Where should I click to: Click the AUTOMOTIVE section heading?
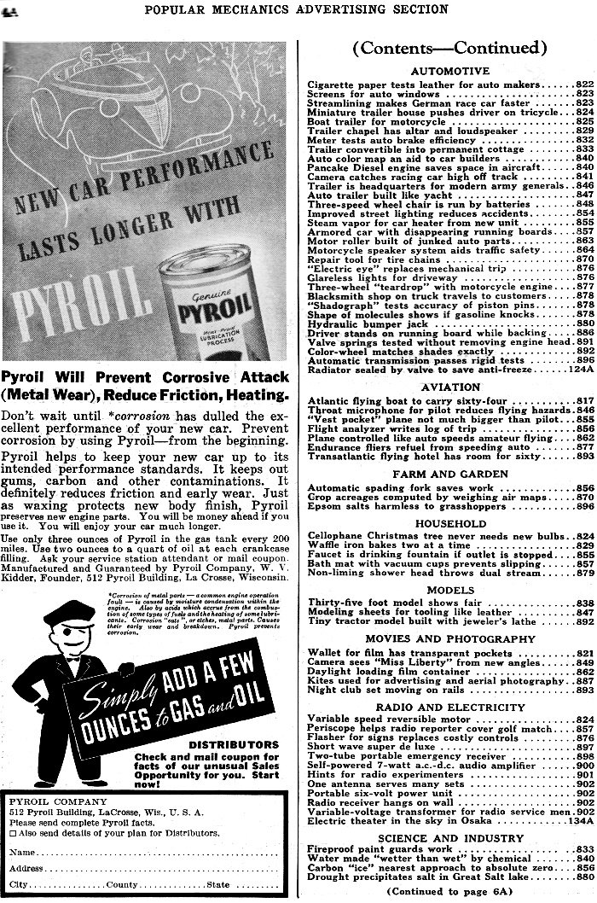(449, 71)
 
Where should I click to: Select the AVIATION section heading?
(449, 387)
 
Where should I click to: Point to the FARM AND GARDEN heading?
(449, 474)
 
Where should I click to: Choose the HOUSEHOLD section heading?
(449, 523)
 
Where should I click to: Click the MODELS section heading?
(449, 590)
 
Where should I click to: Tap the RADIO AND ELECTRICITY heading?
(449, 708)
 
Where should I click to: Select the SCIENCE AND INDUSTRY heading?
(449, 838)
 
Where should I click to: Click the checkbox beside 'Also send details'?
(14, 832)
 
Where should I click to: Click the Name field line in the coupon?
(154, 853)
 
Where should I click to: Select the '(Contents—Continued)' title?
(449, 48)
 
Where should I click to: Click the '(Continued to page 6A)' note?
(449, 890)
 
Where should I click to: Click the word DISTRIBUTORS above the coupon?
(242, 744)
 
